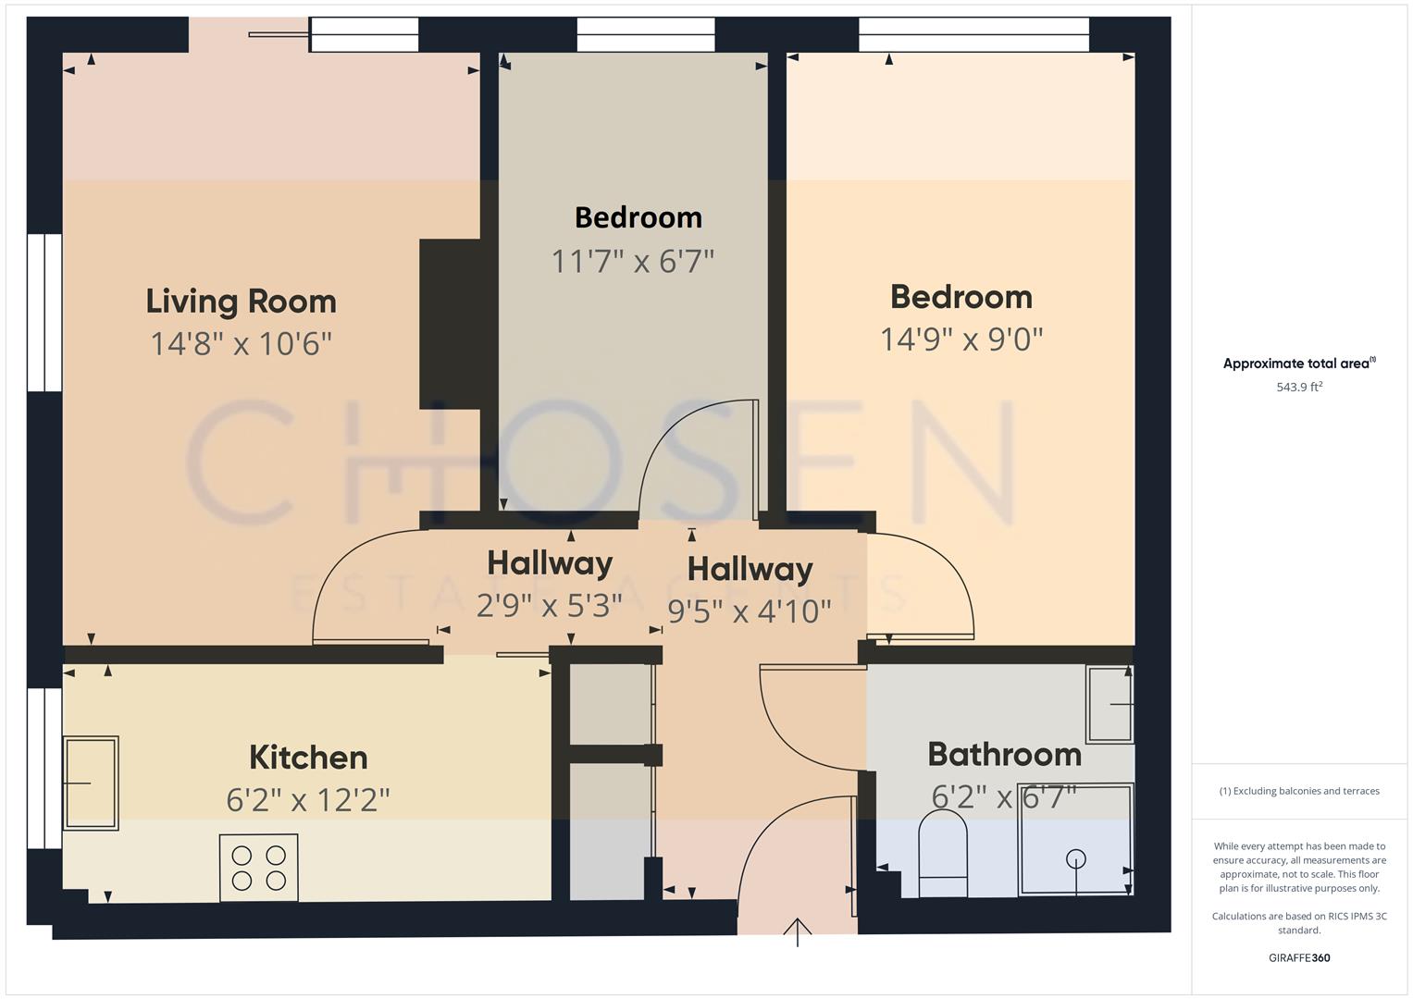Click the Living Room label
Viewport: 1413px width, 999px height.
click(x=241, y=302)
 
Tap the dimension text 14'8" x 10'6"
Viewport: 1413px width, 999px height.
click(x=241, y=344)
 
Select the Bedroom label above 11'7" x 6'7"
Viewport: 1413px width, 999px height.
click(x=638, y=217)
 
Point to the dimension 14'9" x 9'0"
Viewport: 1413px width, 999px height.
click(x=961, y=339)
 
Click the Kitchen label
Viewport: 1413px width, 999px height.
click(x=308, y=758)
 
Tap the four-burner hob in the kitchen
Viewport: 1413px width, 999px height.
click(x=259, y=868)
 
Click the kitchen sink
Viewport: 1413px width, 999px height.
click(x=91, y=783)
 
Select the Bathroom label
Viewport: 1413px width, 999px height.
click(x=1004, y=755)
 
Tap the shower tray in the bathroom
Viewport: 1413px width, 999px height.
click(x=1075, y=840)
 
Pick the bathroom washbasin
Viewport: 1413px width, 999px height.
click(x=1109, y=704)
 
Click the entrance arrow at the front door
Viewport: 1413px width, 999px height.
click(x=798, y=931)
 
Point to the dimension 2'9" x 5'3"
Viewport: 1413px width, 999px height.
click(x=549, y=606)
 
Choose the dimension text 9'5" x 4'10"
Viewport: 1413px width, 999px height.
click(x=750, y=611)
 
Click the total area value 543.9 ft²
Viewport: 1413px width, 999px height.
click(x=1299, y=388)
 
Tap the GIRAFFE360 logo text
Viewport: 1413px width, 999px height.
click(x=1299, y=957)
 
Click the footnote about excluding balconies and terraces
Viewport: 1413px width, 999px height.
click(x=1299, y=791)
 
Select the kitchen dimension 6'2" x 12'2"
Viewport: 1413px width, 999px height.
click(x=308, y=800)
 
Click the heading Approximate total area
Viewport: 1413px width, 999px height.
click(x=1299, y=364)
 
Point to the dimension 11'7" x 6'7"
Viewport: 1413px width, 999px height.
click(x=633, y=262)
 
